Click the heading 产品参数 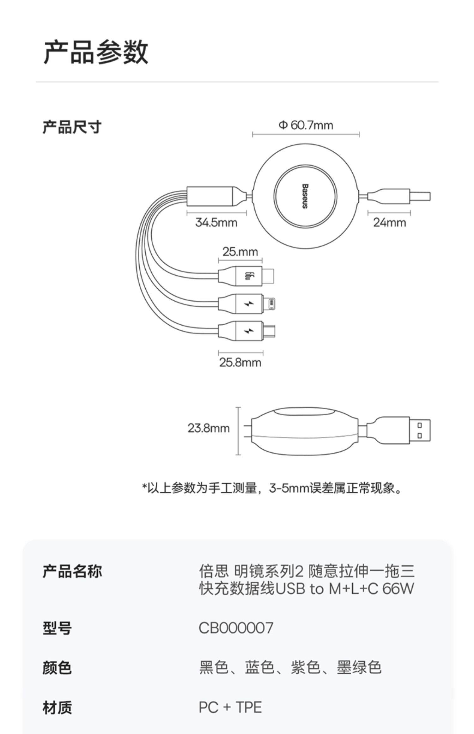tap(96, 52)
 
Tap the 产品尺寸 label tap(72, 127)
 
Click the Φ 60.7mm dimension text tap(306, 125)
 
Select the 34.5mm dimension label tap(216, 222)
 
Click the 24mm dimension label tap(389, 222)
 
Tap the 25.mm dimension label tap(240, 252)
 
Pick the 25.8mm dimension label tap(240, 362)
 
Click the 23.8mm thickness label tap(209, 428)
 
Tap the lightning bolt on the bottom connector tap(249, 331)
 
